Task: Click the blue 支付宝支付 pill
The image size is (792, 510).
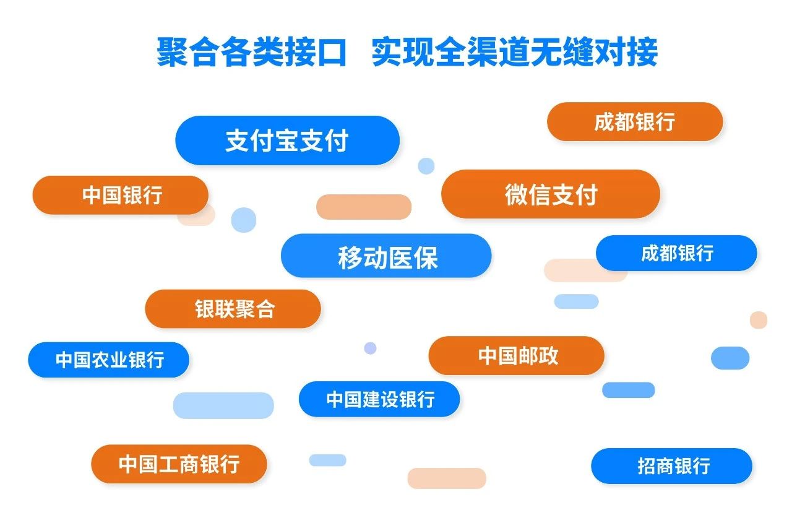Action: tap(288, 140)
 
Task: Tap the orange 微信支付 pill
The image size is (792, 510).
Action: tap(551, 194)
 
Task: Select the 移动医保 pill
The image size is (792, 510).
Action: tap(386, 256)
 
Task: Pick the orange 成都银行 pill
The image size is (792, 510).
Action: tap(635, 122)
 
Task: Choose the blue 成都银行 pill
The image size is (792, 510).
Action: tap(676, 253)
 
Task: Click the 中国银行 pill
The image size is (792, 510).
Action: tap(121, 195)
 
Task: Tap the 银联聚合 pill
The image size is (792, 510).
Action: tap(233, 309)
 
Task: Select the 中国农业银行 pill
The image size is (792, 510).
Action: tap(108, 360)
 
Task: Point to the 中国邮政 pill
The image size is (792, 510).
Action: tap(516, 355)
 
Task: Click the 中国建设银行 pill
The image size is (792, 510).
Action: tap(379, 399)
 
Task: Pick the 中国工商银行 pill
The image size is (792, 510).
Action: tap(179, 464)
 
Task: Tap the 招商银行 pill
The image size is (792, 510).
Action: tap(671, 466)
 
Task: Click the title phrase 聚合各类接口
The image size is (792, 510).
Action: tap(251, 52)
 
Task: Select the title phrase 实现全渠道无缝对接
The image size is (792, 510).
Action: tap(514, 52)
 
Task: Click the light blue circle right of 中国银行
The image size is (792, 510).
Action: tap(244, 220)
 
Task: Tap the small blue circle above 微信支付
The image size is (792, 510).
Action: tap(426, 166)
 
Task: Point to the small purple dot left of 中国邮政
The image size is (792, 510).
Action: tap(370, 348)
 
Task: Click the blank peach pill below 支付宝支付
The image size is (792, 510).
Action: tap(364, 207)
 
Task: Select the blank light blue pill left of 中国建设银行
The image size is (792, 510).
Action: tap(223, 405)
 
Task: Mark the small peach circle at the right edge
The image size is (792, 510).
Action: tap(759, 320)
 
